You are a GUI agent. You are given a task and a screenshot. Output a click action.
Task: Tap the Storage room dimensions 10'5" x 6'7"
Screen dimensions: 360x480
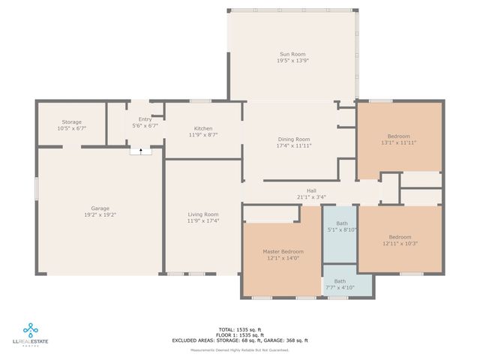tap(72, 128)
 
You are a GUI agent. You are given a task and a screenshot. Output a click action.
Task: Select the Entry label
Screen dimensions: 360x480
tap(145, 119)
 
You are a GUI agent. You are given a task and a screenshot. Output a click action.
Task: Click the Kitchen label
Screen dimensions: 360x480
tap(203, 128)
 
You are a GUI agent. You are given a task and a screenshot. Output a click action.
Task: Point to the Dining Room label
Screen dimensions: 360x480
tap(294, 139)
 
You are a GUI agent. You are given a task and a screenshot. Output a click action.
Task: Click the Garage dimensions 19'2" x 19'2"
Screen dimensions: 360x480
tap(99, 214)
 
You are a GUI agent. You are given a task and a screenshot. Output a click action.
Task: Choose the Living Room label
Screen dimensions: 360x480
tap(202, 214)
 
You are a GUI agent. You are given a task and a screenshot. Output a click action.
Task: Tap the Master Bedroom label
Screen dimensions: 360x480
tap(283, 251)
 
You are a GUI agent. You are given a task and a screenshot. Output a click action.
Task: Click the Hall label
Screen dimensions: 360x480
tap(311, 190)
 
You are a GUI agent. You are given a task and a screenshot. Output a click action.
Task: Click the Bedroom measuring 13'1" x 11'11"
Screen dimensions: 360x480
tap(399, 136)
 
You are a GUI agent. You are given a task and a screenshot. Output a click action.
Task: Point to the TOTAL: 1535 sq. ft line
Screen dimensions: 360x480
tap(239, 329)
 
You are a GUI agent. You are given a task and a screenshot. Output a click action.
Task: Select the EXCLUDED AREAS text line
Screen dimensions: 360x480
tap(239, 340)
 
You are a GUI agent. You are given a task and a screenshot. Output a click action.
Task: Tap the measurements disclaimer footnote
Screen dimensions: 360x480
tap(239, 349)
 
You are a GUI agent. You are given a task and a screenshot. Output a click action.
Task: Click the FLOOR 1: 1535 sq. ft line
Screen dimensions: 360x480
tap(239, 334)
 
